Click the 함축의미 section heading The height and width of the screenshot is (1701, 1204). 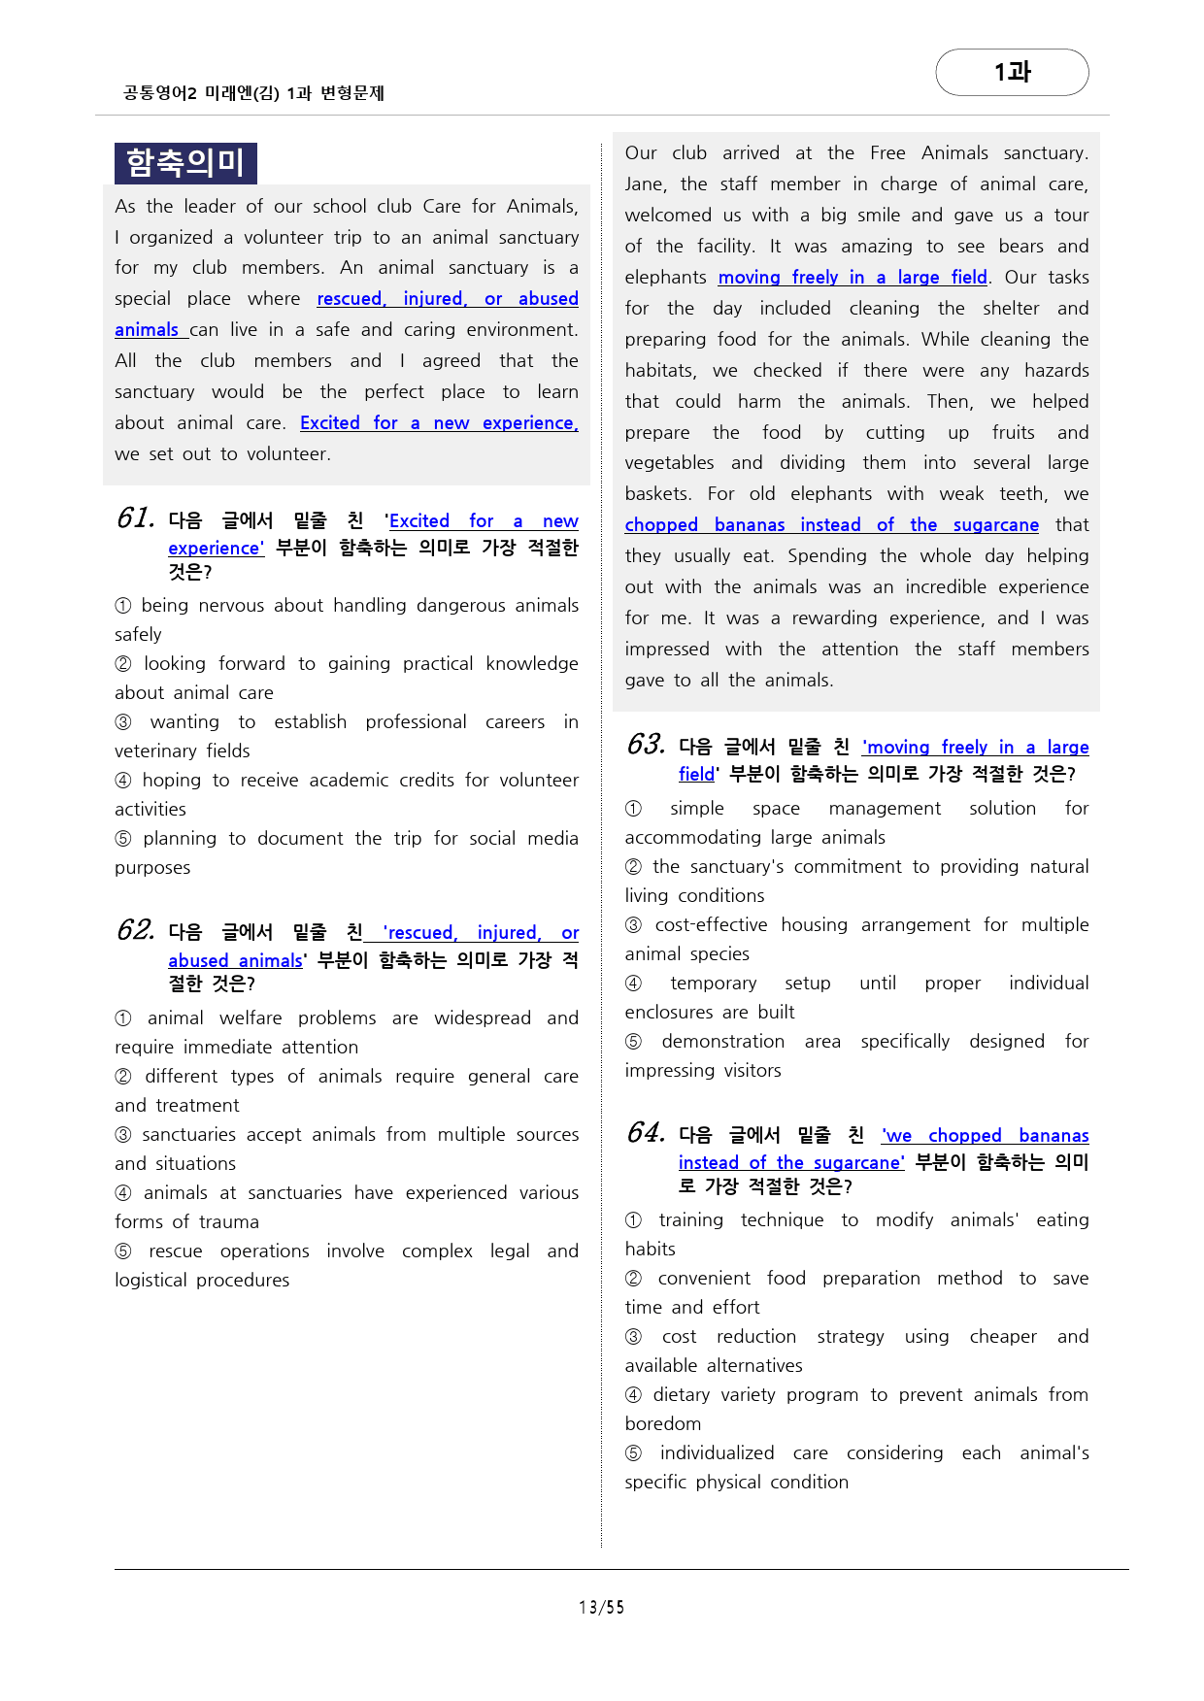185,163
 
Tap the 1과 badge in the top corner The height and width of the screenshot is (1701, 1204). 1012,73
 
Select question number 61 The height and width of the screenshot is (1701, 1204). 136,518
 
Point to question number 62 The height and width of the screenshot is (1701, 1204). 136,930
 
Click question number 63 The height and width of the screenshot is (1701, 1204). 646,745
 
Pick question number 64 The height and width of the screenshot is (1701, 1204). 646,1133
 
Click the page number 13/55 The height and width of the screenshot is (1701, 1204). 601,1608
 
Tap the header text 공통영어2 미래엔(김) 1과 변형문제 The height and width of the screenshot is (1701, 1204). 254,93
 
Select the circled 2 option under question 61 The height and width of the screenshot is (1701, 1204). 123,664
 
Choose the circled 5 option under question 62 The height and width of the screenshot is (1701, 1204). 123,1251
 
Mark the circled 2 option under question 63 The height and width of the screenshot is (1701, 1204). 633,867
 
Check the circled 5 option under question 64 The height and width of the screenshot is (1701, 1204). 633,1453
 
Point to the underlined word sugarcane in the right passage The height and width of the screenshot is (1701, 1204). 995,525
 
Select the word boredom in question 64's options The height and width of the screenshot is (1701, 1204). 662,1424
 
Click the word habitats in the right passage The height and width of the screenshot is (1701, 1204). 660,371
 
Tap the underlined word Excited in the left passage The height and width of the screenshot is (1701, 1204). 330,423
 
